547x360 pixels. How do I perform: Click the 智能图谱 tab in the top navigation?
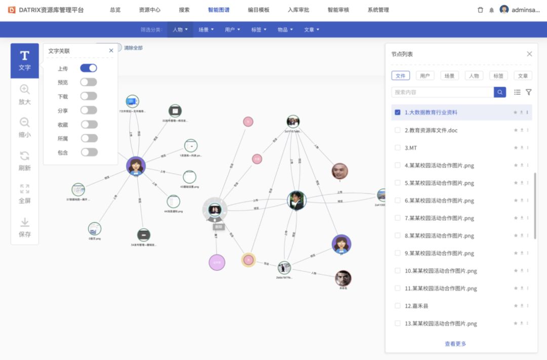218,10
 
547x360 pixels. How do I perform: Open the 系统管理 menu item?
378,10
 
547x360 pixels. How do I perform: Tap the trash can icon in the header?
480,10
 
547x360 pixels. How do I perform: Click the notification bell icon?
491,10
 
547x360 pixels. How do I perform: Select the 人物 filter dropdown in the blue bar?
180,30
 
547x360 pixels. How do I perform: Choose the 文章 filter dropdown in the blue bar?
311,30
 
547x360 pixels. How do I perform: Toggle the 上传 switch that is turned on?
89,68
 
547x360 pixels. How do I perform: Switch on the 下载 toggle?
89,96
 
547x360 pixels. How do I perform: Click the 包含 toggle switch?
89,152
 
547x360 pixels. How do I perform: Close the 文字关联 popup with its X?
111,51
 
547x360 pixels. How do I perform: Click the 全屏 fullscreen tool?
24,194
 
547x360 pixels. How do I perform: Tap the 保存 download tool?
24,227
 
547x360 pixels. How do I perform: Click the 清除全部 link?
133,48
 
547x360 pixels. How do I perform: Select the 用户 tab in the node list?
424,76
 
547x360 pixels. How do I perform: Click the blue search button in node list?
500,92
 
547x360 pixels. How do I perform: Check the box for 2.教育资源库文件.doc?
398,130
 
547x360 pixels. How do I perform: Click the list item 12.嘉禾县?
417,306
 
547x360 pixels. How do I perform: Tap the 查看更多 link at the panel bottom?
455,344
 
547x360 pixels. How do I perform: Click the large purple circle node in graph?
217,262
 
